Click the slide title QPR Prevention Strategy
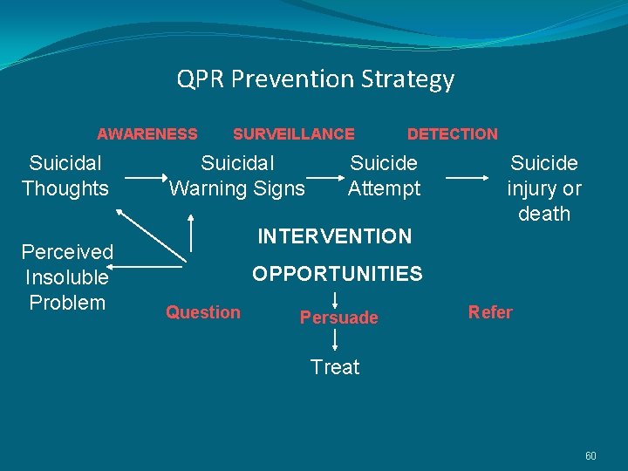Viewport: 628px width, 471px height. click(315, 79)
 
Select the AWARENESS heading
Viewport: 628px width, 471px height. click(147, 134)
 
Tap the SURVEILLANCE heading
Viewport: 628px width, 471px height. click(293, 134)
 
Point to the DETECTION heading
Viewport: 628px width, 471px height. click(452, 134)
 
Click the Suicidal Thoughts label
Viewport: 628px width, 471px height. click(65, 175)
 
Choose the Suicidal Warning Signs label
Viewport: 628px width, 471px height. click(236, 175)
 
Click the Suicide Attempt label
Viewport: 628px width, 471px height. click(384, 175)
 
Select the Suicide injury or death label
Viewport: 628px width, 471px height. click(544, 188)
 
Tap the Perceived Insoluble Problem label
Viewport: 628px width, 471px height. click(67, 277)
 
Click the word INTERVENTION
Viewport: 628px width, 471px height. click(334, 236)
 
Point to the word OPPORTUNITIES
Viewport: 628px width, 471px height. click(337, 274)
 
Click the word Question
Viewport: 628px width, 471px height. click(203, 312)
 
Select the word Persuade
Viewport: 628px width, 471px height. click(338, 317)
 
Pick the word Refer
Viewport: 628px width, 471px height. click(490, 312)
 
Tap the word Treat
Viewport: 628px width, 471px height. click(335, 367)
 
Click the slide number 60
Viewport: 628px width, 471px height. click(590, 456)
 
